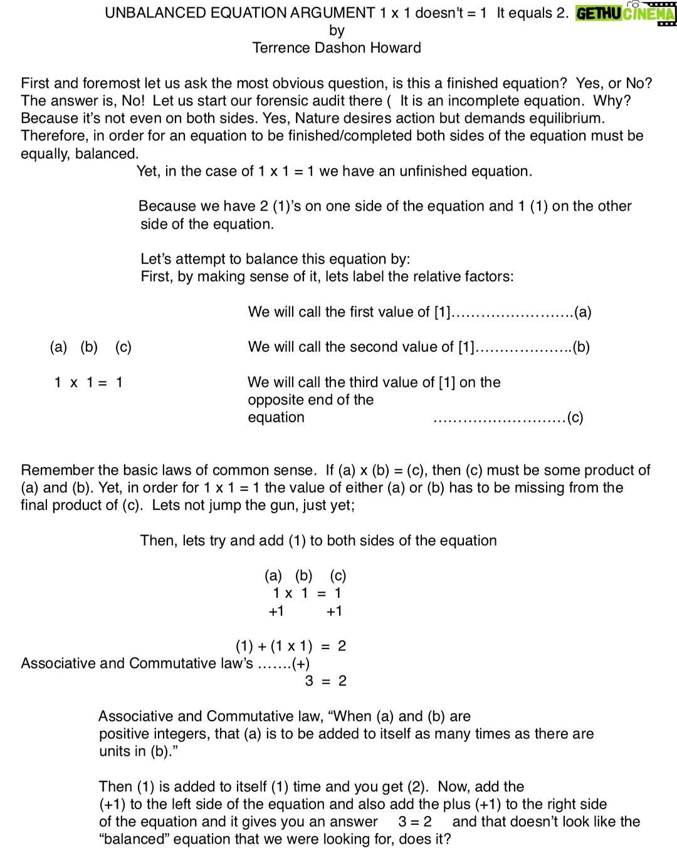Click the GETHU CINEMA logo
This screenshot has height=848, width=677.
point(625,13)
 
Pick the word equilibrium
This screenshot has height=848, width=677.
point(561,119)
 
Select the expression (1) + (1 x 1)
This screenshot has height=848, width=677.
point(274,646)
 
